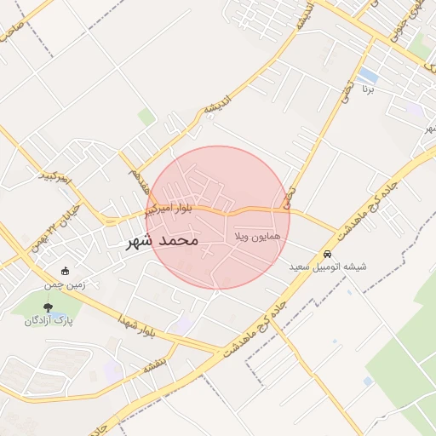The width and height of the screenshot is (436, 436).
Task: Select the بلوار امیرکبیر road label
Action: pos(168,208)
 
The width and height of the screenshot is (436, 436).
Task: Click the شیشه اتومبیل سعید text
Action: pos(328,267)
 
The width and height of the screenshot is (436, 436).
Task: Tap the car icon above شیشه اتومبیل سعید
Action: pos(328,255)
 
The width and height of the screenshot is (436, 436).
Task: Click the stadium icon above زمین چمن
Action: pos(65,271)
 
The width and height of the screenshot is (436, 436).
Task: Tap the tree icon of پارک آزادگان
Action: pos(47,307)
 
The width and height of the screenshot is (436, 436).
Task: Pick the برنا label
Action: pos(369,89)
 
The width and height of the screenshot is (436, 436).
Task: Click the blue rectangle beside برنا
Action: pos(368,75)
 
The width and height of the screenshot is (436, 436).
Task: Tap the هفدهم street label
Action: pos(134,180)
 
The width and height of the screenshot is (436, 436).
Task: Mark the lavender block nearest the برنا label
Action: pos(415,110)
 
